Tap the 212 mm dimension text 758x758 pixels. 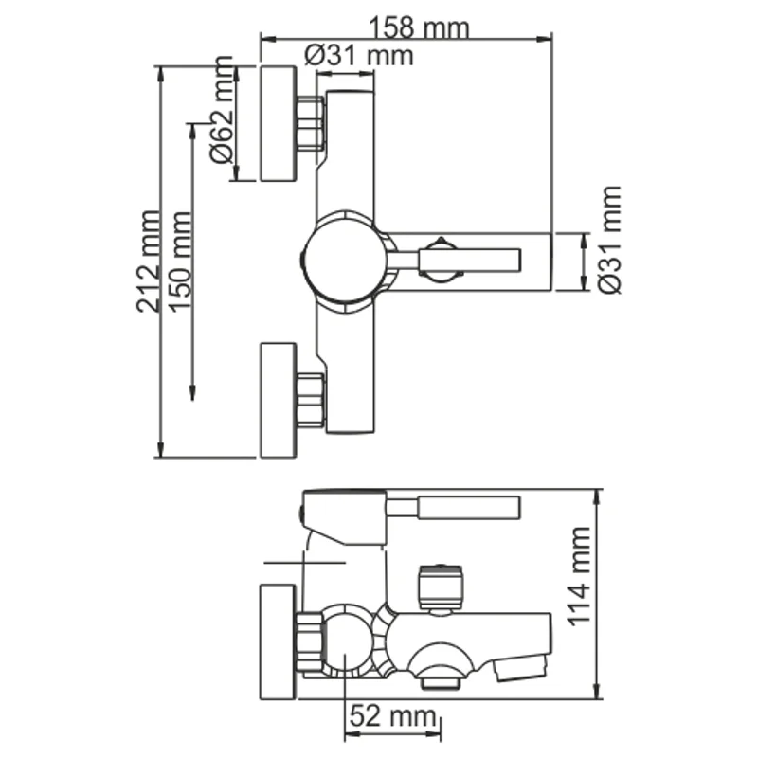[149, 262]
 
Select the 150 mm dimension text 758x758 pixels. [181, 258]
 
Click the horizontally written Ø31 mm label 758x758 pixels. [359, 56]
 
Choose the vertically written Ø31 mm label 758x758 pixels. [611, 240]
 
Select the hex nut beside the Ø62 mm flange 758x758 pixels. [310, 123]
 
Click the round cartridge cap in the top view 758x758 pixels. [344, 260]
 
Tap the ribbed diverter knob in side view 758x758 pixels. [441, 585]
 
